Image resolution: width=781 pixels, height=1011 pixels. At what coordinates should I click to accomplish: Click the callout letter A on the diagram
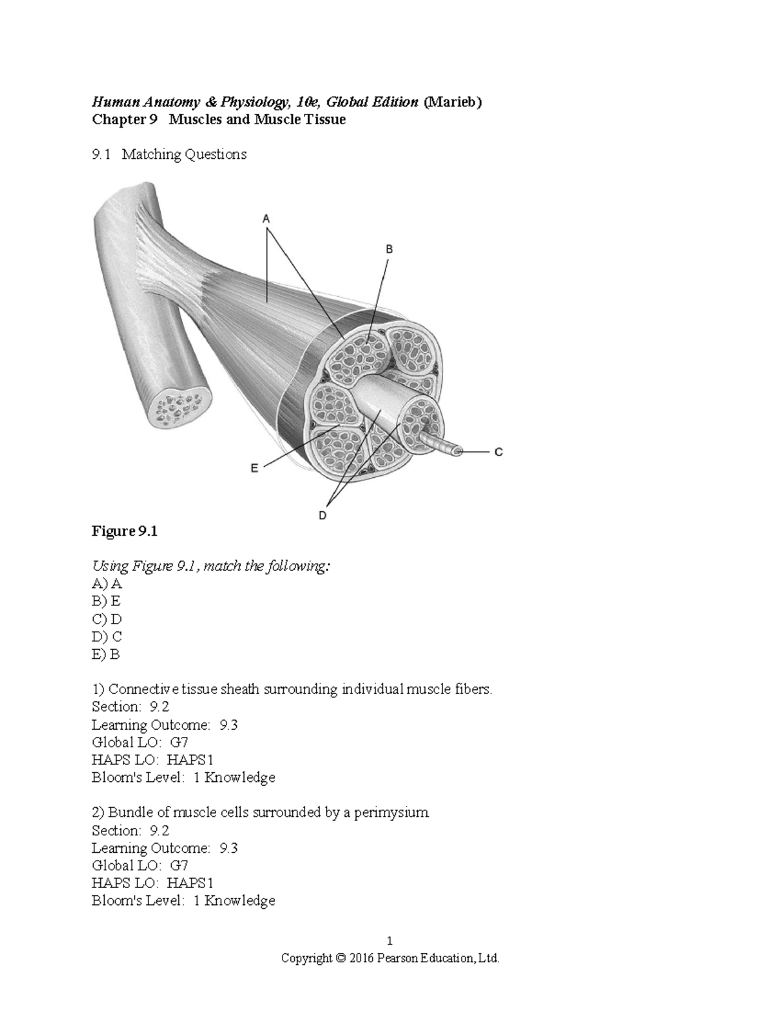266,220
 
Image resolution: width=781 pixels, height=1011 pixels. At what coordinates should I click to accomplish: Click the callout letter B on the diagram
389,249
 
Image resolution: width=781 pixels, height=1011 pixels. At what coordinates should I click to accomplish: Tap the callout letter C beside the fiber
499,451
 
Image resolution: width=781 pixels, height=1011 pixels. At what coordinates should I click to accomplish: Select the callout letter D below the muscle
323,516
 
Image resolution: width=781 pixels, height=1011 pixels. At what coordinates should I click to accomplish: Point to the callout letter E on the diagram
254,467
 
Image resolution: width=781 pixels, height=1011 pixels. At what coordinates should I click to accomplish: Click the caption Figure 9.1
124,531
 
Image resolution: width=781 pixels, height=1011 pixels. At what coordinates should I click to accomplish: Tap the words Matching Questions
184,155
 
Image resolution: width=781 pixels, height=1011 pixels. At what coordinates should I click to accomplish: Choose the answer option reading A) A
107,584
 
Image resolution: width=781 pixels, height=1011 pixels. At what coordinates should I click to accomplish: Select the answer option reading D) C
107,637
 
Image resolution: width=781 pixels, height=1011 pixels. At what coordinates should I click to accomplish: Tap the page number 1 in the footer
390,941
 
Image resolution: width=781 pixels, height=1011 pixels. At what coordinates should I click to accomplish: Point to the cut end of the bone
178,408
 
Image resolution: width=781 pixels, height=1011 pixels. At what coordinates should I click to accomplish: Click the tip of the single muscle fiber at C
458,450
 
